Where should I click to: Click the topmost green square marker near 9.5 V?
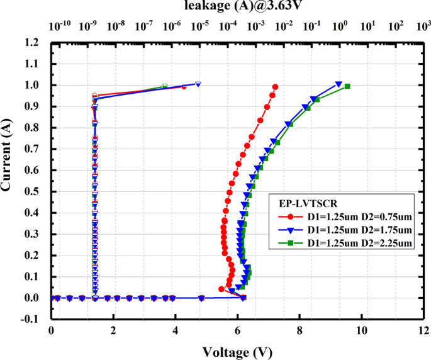coord(347,86)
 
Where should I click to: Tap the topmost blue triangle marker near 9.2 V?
coord(339,84)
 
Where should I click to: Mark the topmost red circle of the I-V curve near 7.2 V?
coord(275,87)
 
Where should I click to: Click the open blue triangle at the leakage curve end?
coord(198,84)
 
